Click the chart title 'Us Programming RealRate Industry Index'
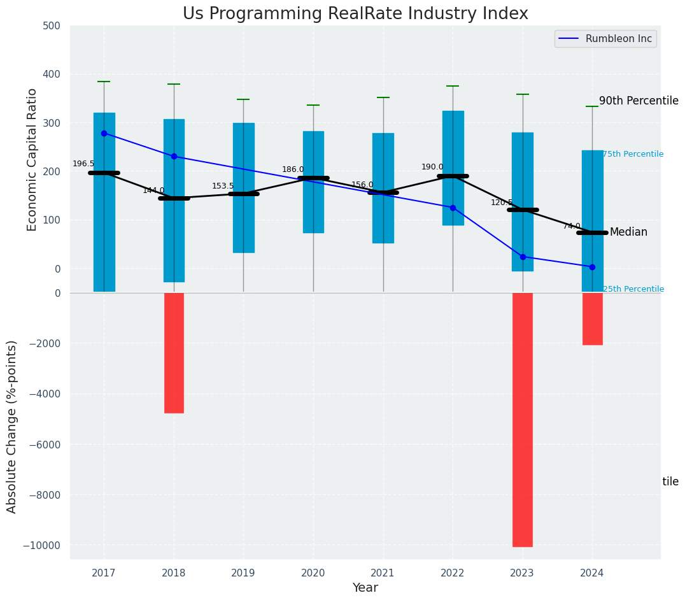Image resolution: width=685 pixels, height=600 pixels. (355, 14)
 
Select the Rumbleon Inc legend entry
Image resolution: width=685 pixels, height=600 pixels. (605, 39)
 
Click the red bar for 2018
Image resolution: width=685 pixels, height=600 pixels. (174, 353)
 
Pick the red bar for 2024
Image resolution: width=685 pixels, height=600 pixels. (592, 318)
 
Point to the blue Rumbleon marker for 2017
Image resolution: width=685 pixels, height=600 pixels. (104, 133)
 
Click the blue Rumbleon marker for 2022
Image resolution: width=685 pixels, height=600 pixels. (453, 208)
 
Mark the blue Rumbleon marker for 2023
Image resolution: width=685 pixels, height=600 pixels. (523, 257)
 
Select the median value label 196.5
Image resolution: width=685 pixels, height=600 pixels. (83, 164)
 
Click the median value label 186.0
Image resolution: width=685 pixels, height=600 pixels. (293, 169)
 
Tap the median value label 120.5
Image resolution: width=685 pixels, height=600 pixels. (502, 203)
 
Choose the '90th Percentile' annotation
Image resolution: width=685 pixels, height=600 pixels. (639, 101)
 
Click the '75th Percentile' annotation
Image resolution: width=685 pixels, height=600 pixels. (633, 154)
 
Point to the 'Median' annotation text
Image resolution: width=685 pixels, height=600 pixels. (628, 232)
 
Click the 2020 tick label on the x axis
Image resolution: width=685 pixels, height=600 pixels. (313, 573)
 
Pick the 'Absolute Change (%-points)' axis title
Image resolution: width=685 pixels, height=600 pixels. (12, 426)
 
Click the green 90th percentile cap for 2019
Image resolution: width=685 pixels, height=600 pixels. (243, 99)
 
